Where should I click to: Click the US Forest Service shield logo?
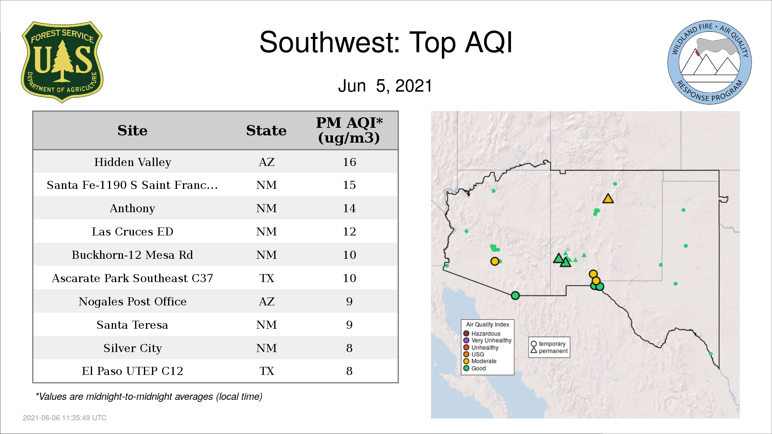click(x=62, y=62)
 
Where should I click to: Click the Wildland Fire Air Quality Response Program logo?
click(x=710, y=62)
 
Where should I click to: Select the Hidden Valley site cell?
click(x=133, y=162)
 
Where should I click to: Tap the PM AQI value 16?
click(x=349, y=162)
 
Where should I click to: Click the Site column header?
click(x=132, y=131)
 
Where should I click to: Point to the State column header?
click(x=266, y=131)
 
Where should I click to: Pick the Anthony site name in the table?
click(x=132, y=209)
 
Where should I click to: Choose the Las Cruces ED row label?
click(x=132, y=231)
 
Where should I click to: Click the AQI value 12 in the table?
click(x=349, y=231)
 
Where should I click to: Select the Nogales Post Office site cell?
click(x=132, y=301)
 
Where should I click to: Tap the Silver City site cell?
click(x=132, y=348)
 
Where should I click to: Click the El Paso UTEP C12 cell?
click(x=132, y=371)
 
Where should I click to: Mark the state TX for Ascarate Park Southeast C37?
click(x=267, y=278)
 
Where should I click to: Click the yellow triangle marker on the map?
click(x=608, y=199)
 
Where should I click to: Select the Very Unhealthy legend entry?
click(x=487, y=340)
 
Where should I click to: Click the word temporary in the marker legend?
click(x=552, y=344)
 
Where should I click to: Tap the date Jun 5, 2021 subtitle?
click(x=385, y=86)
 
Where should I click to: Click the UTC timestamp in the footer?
click(x=65, y=418)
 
